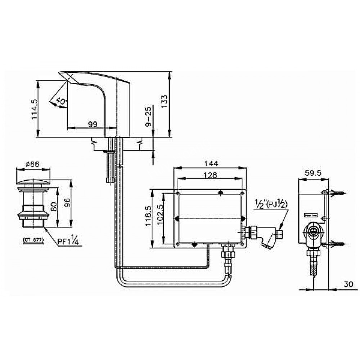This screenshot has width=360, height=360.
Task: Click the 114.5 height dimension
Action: pos(35,109)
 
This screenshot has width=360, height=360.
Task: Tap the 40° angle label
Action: pos(62,102)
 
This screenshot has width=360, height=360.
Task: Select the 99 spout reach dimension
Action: pos(93,124)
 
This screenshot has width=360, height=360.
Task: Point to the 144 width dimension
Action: pos(211,163)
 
